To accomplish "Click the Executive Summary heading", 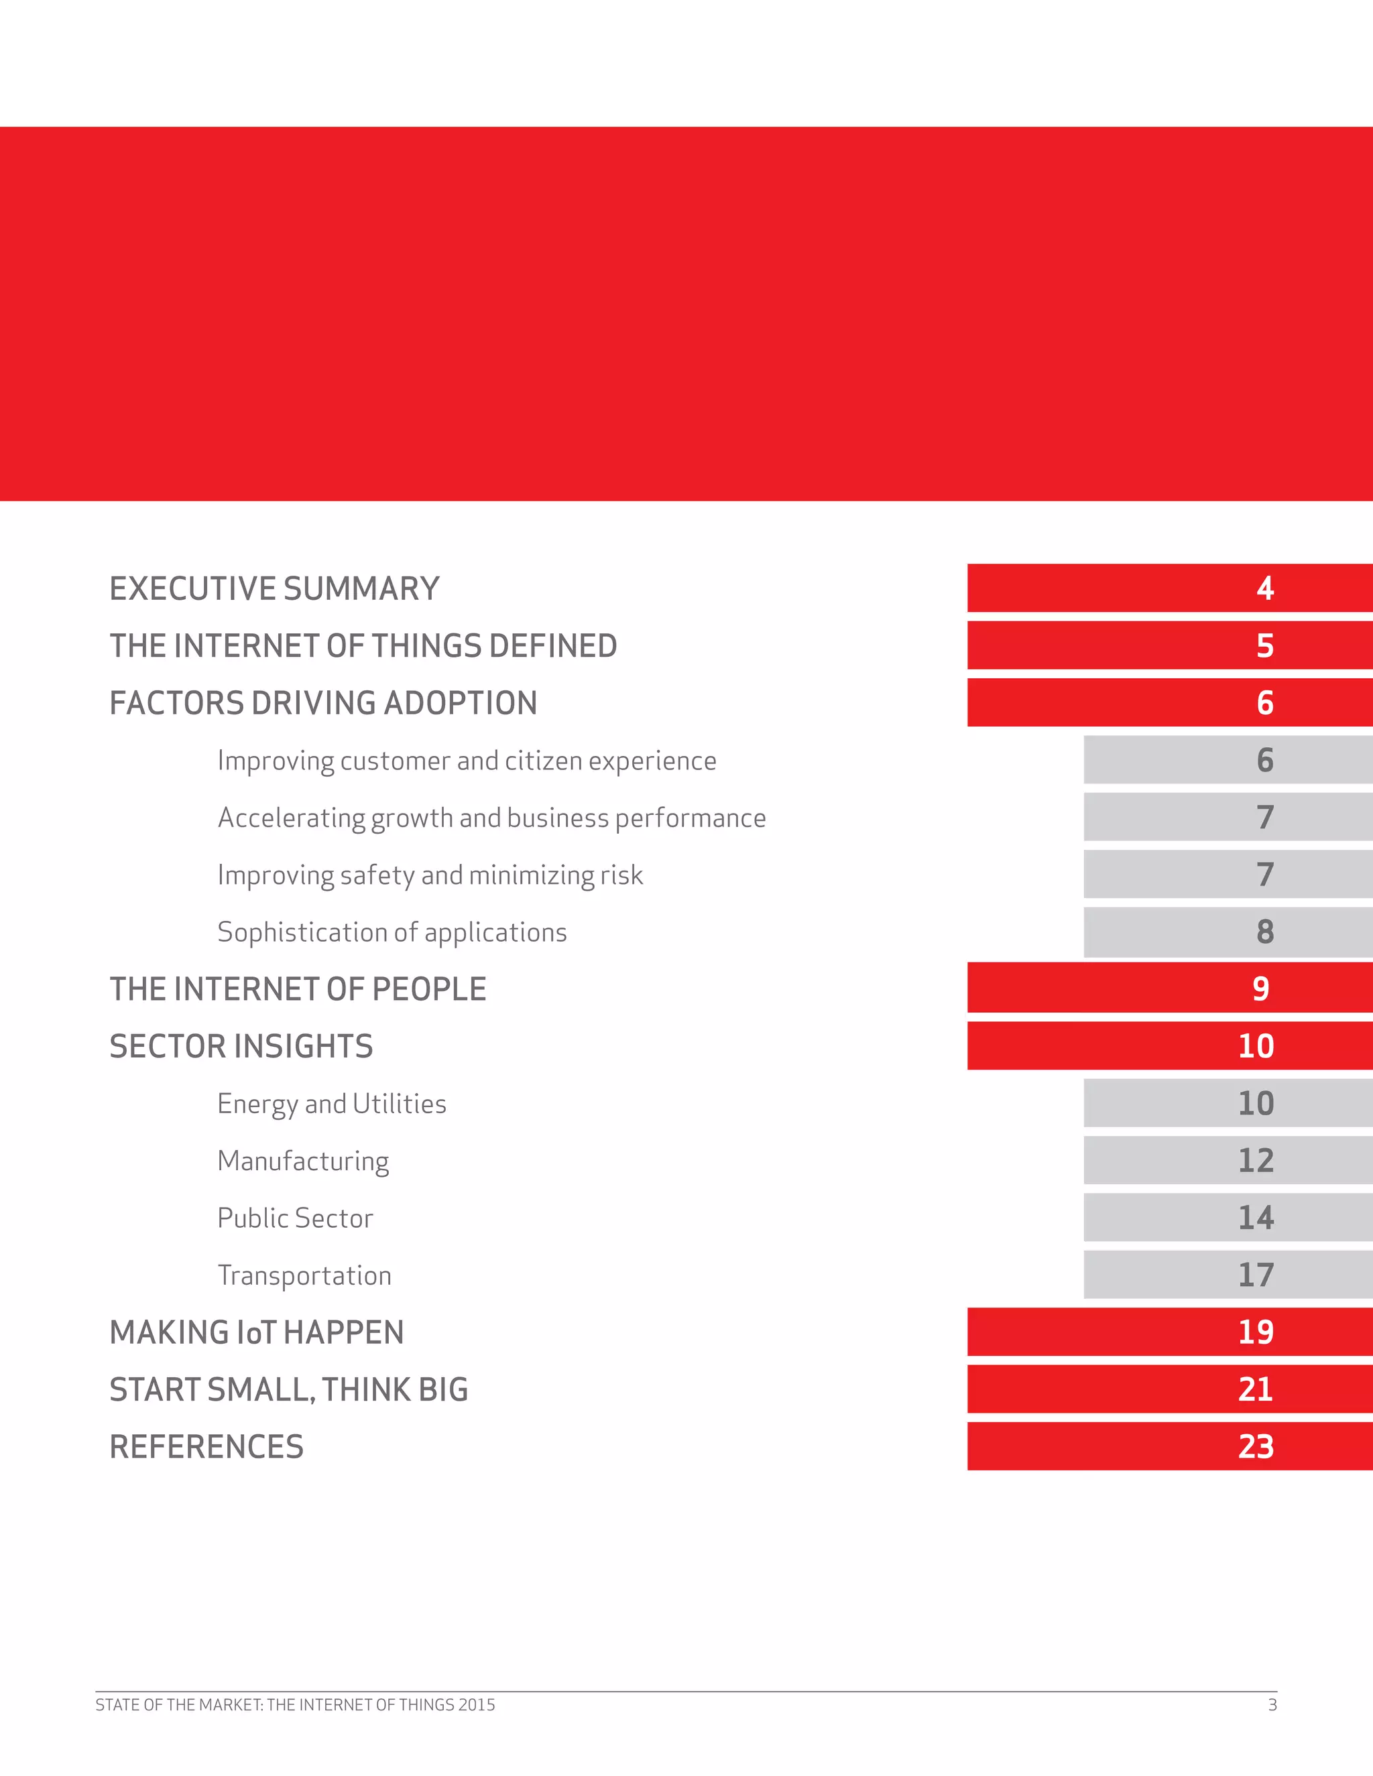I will click(x=274, y=588).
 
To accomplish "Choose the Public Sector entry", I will click(x=294, y=1218).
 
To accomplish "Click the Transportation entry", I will click(x=304, y=1276).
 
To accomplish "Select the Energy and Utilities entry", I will click(x=331, y=1104).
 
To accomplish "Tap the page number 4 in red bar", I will click(x=1264, y=588).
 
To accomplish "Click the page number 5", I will click(x=1264, y=645).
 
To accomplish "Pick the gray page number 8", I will click(x=1264, y=932).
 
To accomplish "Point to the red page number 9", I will click(x=1260, y=989).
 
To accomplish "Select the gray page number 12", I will click(x=1255, y=1160).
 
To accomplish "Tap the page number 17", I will click(x=1255, y=1275).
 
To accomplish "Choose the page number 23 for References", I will click(x=1255, y=1447).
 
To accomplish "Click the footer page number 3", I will click(x=1272, y=1705).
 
